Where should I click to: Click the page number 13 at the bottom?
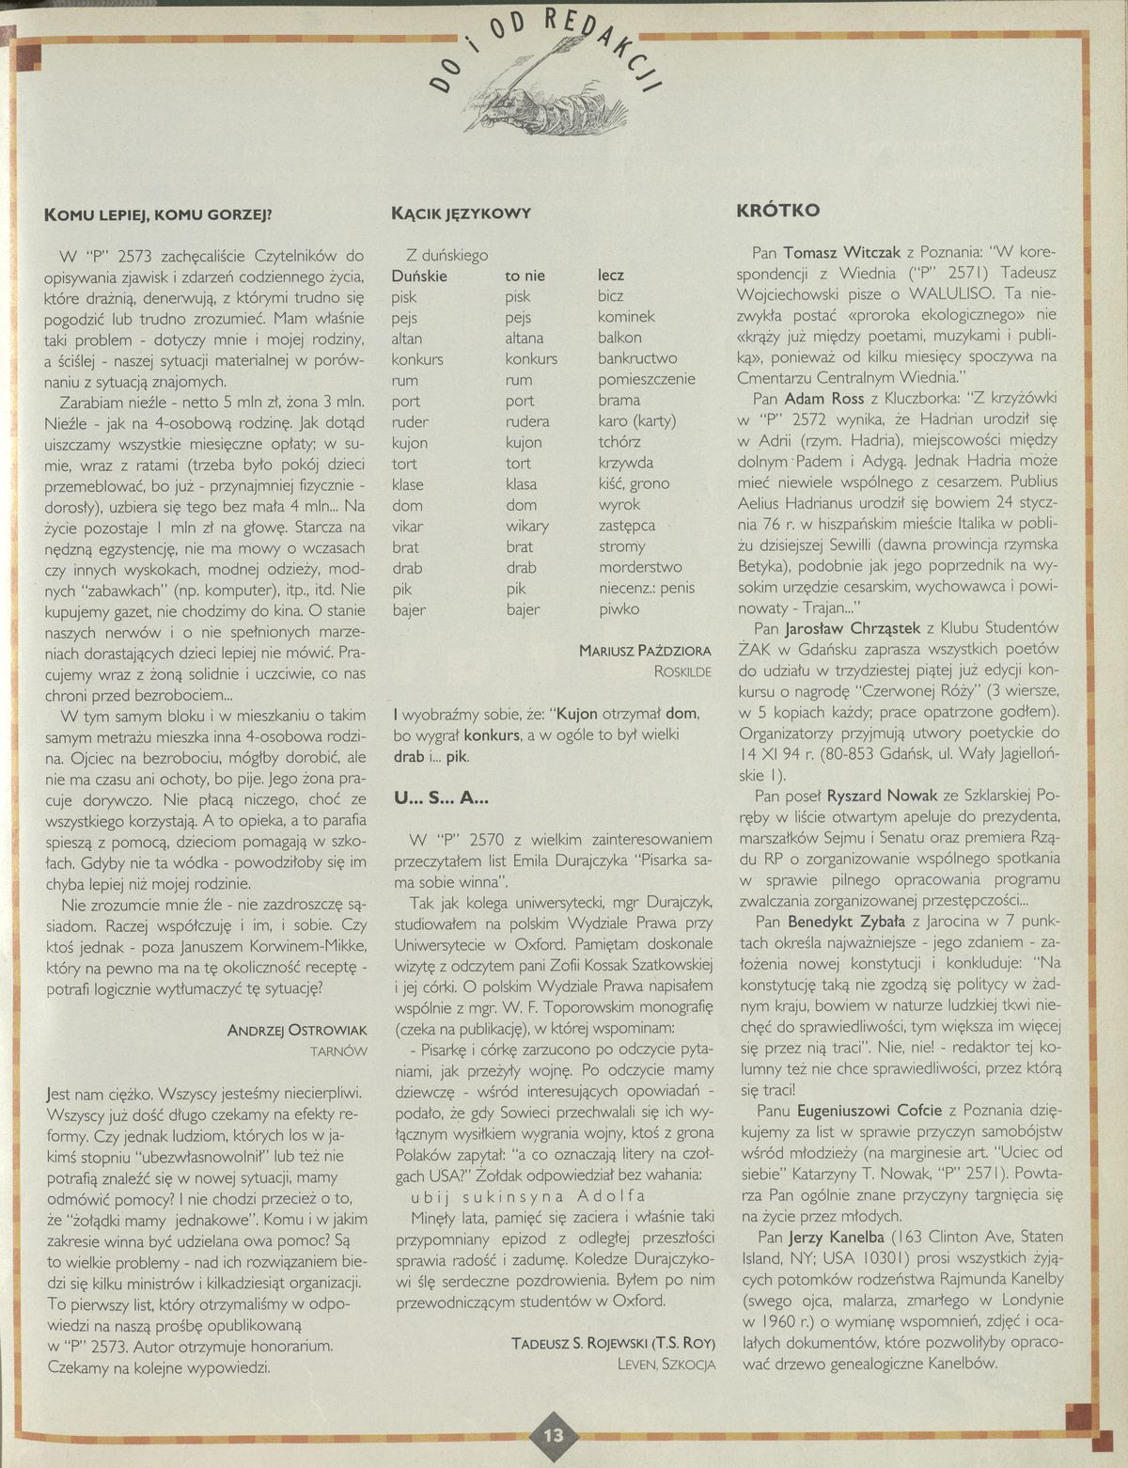[553, 1435]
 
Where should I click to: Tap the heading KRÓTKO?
[777, 211]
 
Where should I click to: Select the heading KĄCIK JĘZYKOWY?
[461, 213]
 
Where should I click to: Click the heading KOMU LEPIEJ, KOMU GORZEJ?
[158, 213]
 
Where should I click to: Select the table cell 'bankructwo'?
[636, 358]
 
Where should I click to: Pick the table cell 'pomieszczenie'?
[646, 379]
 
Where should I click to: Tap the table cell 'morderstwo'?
[639, 567]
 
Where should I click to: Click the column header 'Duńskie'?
[418, 276]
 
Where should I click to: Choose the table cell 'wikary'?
[526, 526]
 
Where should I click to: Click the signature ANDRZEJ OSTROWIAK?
[297, 1031]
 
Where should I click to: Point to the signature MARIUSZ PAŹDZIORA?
[645, 650]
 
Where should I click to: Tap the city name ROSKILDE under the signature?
[682, 671]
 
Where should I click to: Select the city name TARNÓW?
[338, 1051]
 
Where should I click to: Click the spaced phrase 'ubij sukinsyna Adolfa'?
[528, 1196]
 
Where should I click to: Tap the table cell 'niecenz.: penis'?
[646, 588]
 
